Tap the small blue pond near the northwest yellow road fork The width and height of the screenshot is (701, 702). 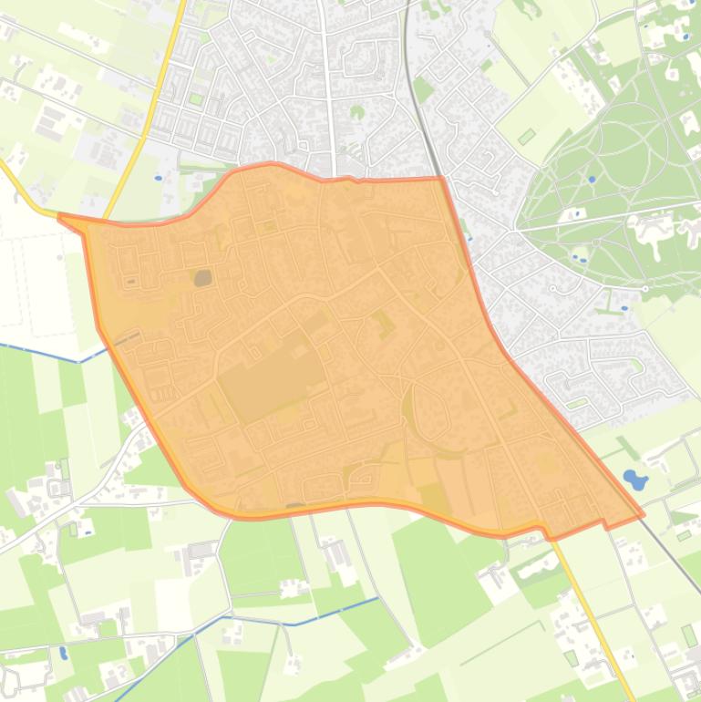point(158,178)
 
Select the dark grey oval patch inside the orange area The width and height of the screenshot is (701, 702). point(202,276)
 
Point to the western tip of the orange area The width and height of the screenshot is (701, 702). point(60,217)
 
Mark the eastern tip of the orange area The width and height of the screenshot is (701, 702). point(643,514)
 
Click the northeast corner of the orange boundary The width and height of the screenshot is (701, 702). point(441,179)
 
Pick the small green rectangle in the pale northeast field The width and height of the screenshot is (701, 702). point(526,137)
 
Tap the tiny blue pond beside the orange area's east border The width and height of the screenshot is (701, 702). point(469,239)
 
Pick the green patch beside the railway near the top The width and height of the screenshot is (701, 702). point(423,88)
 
